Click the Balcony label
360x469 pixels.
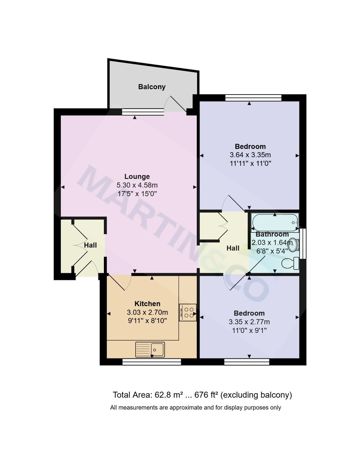pyautogui.click(x=152, y=87)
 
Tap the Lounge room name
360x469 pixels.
pyautogui.click(x=137, y=176)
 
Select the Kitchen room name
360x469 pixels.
pyautogui.click(x=147, y=304)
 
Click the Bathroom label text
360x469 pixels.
pyautogui.click(x=272, y=234)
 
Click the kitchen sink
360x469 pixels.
pyautogui.click(x=151, y=349)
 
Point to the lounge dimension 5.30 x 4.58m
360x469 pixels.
pyautogui.click(x=137, y=185)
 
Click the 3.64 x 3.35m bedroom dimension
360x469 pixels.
pyautogui.click(x=250, y=155)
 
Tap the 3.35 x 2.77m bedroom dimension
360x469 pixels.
pyautogui.click(x=249, y=322)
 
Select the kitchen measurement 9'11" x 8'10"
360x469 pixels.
pyautogui.click(x=147, y=321)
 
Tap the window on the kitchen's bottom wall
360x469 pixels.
pyautogui.click(x=151, y=362)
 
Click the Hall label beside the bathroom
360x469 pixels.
pyautogui.click(x=233, y=248)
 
